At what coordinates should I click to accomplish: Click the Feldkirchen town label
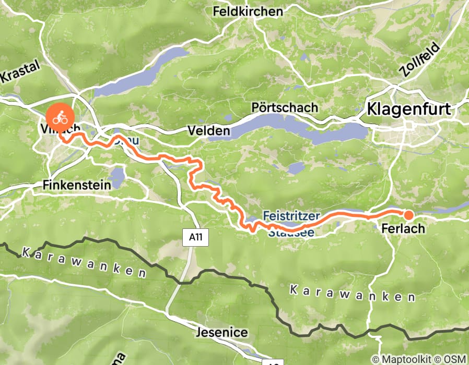tap(248, 11)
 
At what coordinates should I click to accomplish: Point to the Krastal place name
tap(20, 74)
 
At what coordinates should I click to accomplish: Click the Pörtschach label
tap(284, 107)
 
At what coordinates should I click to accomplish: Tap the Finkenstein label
tap(77, 185)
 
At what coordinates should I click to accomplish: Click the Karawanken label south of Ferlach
tap(353, 294)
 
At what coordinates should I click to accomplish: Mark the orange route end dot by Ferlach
tap(408, 215)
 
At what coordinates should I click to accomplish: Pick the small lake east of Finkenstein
tap(118, 178)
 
